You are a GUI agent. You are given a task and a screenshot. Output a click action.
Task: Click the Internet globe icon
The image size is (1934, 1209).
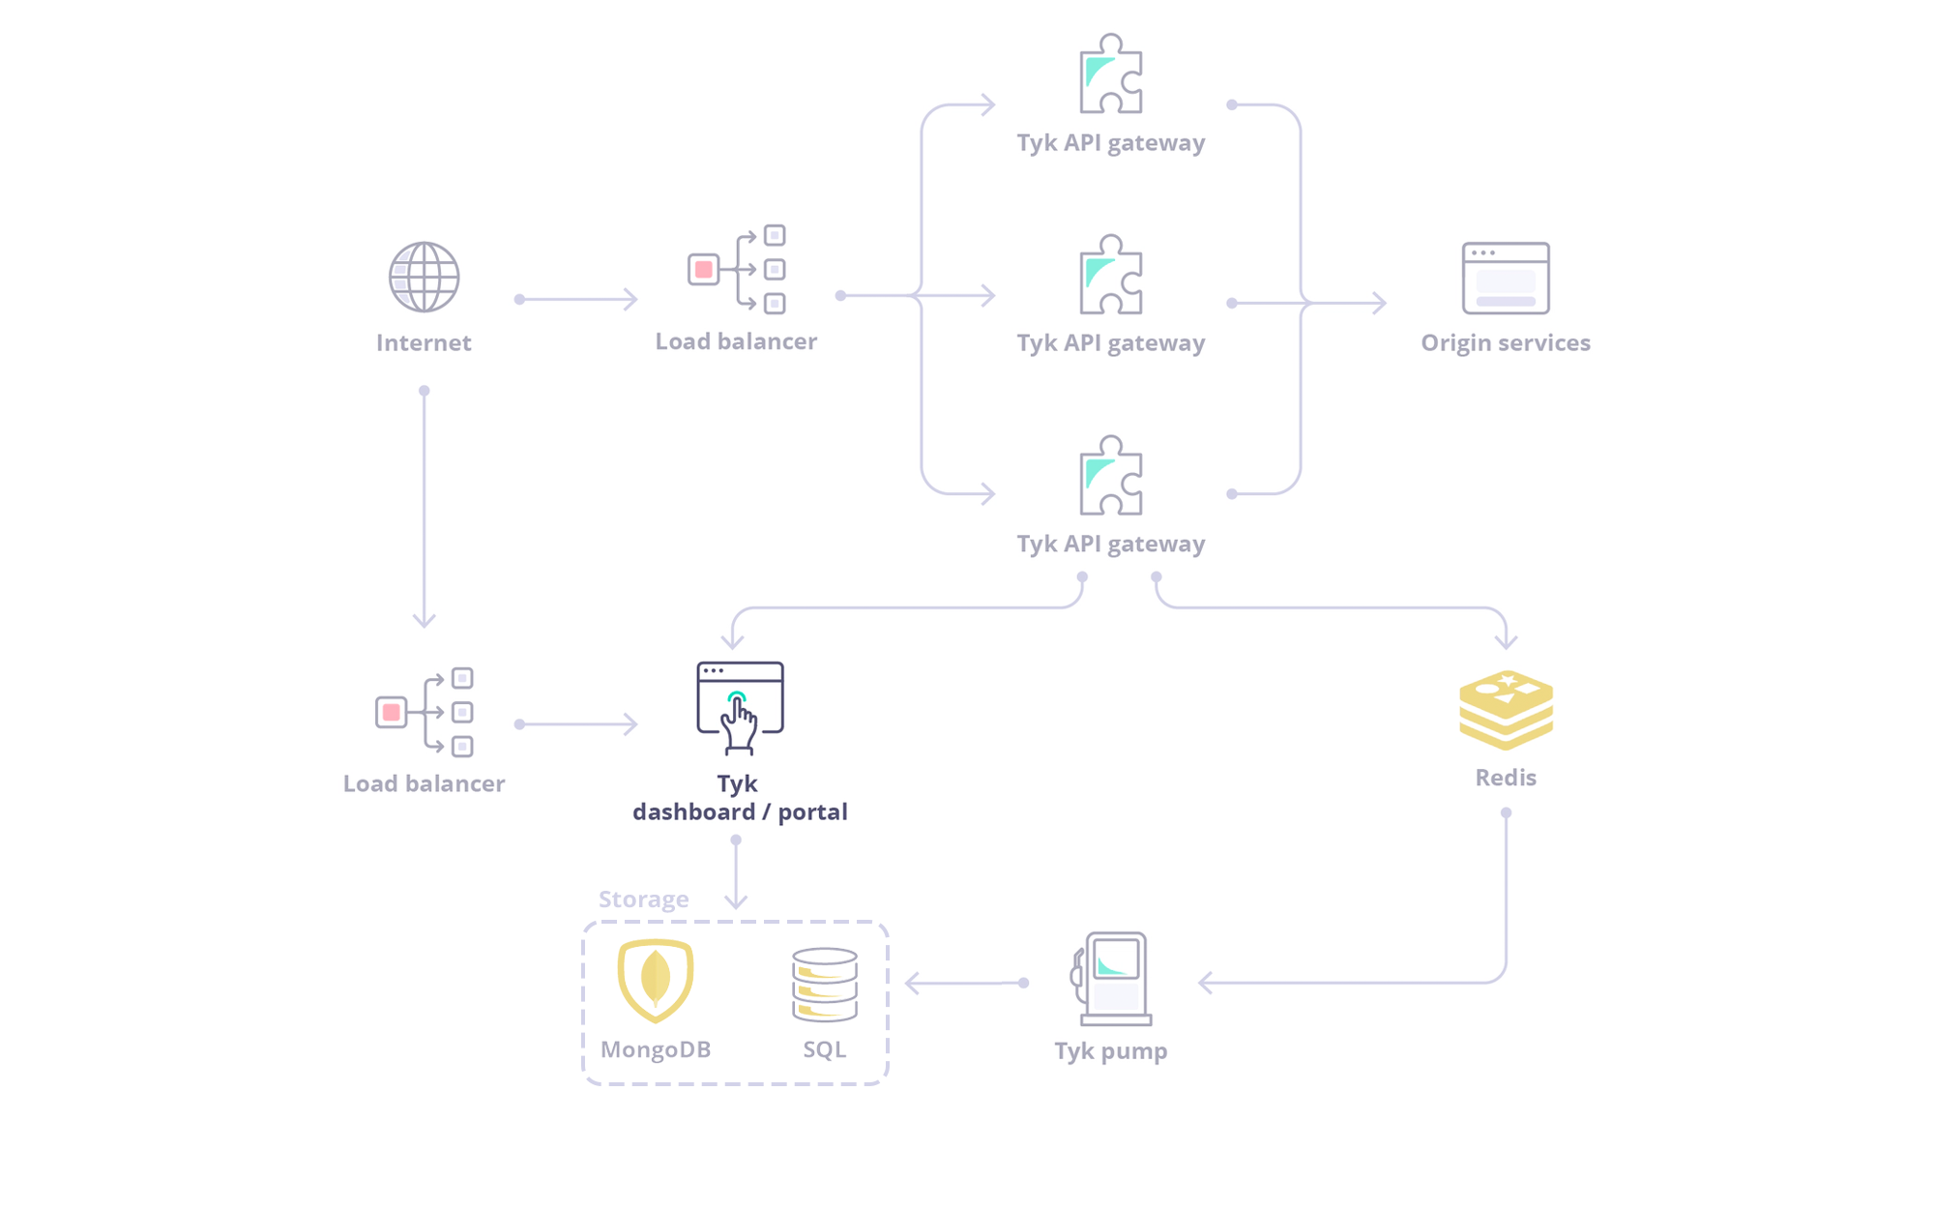coord(424,278)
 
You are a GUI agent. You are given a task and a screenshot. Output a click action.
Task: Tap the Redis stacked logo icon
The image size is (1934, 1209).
coord(1506,710)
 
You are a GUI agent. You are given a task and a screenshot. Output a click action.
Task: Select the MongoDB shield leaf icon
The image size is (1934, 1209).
coord(656,980)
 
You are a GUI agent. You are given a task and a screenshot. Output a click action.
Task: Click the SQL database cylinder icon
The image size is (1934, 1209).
coord(824,985)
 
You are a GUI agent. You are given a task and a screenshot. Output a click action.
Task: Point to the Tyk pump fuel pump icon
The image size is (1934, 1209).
coord(1113,978)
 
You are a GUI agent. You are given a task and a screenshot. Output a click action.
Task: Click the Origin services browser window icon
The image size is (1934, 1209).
coord(1506,278)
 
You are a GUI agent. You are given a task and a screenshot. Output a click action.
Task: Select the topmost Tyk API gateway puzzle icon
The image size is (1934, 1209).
coord(1111,75)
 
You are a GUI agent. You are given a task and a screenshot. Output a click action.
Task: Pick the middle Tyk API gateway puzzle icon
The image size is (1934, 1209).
coord(1111,276)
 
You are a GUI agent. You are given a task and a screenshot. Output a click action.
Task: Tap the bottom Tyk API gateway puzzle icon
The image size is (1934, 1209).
coord(1111,476)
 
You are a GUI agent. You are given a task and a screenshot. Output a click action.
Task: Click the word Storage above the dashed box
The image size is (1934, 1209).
coord(643,899)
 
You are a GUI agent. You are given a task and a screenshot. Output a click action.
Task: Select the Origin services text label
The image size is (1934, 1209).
coord(1505,342)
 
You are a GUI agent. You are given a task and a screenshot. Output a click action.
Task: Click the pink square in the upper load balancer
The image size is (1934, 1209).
coord(704,269)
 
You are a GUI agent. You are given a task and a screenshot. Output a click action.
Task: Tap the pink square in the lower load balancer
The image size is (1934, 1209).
coord(391,712)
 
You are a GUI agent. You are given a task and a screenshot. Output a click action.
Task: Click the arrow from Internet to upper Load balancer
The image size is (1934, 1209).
coord(578,299)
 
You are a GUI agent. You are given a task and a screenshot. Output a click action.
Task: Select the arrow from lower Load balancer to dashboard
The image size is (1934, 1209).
coord(578,723)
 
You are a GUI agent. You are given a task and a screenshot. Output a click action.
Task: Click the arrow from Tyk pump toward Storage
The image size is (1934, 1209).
coord(964,983)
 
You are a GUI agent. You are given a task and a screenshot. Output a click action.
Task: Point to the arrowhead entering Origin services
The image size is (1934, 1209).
coord(1380,303)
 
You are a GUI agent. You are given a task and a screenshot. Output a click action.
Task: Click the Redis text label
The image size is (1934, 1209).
coord(1505,778)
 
